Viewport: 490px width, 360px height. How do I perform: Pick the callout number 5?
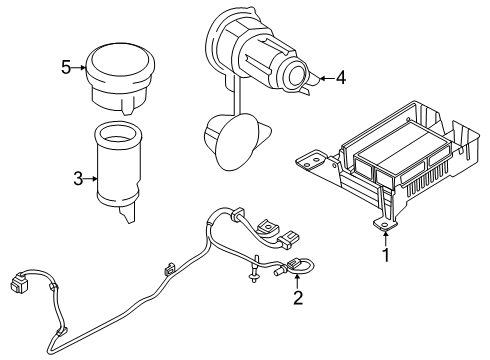pyautogui.click(x=65, y=68)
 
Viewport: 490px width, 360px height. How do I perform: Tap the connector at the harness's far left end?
pyautogui.click(x=19, y=282)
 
